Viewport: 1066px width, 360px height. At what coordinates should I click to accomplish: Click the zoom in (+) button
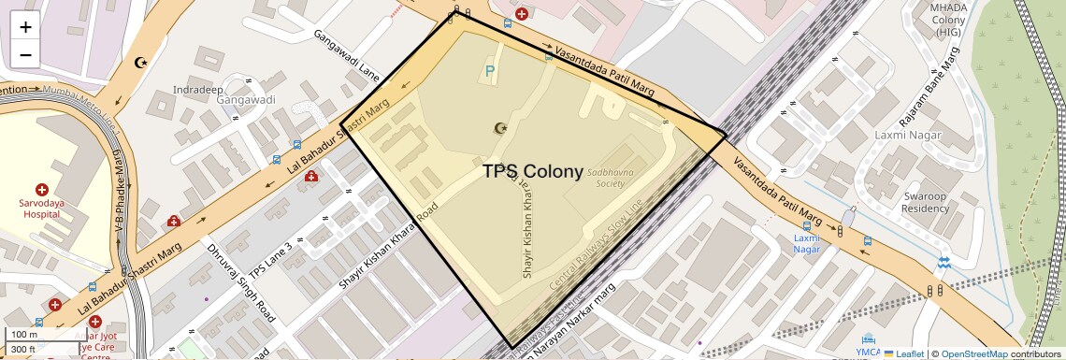25,27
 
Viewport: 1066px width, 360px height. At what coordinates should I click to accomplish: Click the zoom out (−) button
25,54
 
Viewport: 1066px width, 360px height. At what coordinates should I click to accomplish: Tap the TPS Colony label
533,172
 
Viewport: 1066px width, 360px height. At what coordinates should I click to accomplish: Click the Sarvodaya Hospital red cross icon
41,190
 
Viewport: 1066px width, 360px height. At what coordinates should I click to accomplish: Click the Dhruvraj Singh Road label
240,281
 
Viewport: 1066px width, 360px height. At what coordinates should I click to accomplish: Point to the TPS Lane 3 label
271,260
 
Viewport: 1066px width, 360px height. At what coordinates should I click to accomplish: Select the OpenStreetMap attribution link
973,353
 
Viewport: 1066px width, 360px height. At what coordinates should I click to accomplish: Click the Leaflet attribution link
903,353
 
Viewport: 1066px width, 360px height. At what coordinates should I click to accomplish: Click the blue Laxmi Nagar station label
806,243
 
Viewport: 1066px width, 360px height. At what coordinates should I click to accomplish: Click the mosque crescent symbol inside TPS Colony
498,127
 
